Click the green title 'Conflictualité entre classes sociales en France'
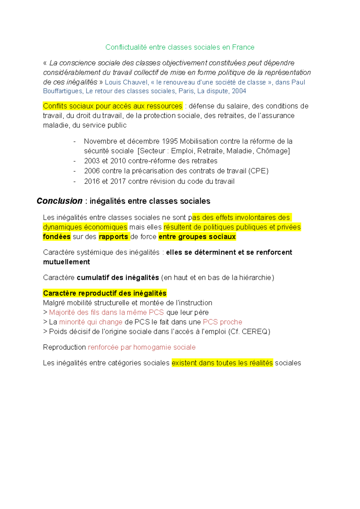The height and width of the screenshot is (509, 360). click(x=180, y=47)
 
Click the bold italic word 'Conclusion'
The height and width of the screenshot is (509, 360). click(x=59, y=201)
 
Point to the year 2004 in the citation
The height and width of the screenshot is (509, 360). click(x=239, y=91)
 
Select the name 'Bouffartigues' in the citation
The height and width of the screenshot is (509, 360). click(x=62, y=91)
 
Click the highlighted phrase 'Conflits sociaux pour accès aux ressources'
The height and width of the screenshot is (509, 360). click(x=112, y=106)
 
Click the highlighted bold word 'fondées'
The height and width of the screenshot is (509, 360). click(x=57, y=237)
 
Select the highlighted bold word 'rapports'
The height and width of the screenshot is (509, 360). click(x=113, y=237)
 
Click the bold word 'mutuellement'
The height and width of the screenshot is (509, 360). click(x=67, y=262)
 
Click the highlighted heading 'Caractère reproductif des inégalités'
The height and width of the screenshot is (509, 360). click(x=105, y=293)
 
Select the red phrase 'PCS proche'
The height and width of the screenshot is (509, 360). click(x=223, y=322)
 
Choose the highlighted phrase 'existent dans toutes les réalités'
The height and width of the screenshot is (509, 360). click(x=222, y=363)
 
